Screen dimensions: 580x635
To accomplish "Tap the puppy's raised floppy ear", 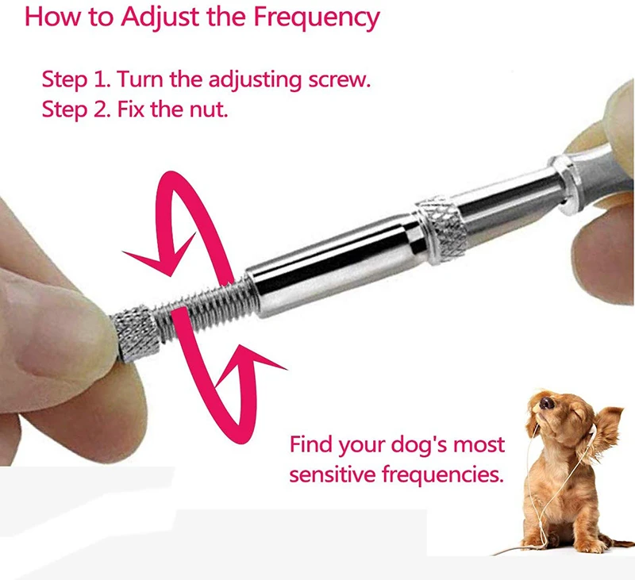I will (607, 428).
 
